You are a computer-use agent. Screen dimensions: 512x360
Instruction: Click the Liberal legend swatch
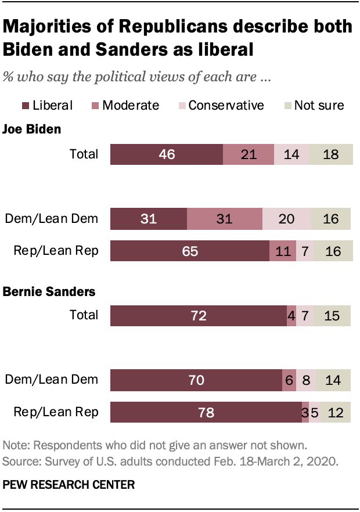26,105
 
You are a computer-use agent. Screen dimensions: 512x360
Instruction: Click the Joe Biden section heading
32,129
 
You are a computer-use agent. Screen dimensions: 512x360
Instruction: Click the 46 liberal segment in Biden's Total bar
166,154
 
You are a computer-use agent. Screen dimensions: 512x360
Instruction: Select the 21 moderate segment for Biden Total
248,154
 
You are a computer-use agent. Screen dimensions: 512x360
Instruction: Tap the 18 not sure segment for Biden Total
330,154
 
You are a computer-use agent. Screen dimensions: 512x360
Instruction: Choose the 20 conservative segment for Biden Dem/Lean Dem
287,219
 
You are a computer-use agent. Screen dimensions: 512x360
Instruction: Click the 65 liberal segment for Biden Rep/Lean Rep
189,251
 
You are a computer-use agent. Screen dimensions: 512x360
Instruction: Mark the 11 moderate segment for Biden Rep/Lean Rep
282,251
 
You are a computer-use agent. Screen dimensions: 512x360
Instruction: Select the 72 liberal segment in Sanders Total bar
198,316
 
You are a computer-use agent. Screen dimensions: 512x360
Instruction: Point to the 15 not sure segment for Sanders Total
333,316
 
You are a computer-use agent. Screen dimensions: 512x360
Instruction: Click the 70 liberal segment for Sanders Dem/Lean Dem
196,380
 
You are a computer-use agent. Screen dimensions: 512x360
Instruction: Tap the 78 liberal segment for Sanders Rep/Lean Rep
206,413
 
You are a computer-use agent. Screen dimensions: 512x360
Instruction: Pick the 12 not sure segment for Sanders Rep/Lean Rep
336,413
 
